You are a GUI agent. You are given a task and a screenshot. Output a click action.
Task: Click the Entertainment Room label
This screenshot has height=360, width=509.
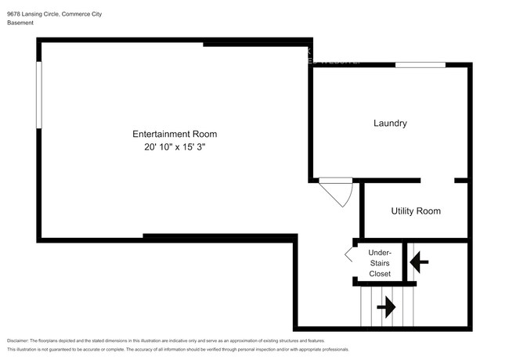[x=175, y=134]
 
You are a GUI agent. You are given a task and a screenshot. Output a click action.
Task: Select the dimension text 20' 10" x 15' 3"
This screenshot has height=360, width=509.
[x=175, y=147]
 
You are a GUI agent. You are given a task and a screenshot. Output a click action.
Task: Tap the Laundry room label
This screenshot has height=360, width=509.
[x=390, y=123]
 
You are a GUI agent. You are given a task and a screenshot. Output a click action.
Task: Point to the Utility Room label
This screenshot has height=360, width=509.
[x=416, y=211]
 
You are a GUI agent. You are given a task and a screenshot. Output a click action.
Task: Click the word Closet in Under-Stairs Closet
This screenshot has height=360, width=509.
[x=380, y=274]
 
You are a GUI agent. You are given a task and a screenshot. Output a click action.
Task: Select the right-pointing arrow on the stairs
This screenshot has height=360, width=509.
[x=385, y=308]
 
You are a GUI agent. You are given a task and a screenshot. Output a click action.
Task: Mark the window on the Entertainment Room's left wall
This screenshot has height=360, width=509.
[x=38, y=95]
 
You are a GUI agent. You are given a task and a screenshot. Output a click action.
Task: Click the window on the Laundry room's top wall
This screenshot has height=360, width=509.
[x=415, y=64]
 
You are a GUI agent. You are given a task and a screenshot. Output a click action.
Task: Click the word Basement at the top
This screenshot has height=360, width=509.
[x=22, y=23]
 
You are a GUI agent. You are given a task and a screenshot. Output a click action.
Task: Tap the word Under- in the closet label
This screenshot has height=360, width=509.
[x=380, y=252]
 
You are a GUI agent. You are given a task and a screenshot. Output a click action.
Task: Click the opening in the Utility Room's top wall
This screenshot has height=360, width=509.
[x=438, y=180]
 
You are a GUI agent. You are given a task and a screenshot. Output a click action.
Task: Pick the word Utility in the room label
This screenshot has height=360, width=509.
[x=401, y=211]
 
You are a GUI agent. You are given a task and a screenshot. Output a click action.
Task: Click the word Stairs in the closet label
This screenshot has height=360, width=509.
[x=380, y=263]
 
